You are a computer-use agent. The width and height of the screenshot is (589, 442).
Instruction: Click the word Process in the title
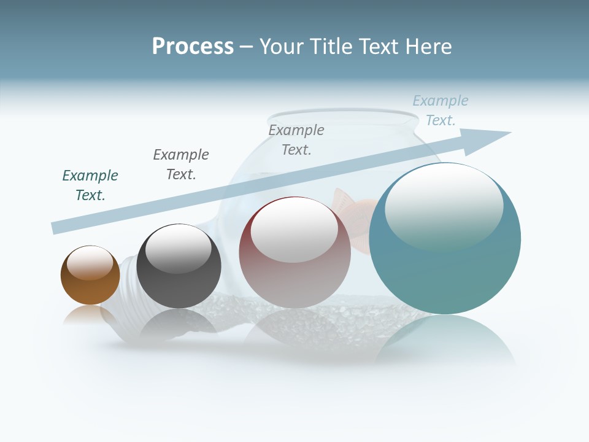tap(193, 47)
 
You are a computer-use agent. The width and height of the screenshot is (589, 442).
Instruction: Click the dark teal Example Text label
tap(90, 185)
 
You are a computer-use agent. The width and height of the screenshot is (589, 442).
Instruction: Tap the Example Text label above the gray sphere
tap(181, 165)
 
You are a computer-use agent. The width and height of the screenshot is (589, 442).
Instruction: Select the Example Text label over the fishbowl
tap(296, 140)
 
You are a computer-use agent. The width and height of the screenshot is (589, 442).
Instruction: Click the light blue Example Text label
tap(441, 110)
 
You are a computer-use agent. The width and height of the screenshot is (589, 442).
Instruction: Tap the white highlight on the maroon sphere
tap(294, 230)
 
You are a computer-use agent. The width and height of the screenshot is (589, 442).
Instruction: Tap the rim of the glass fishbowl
tap(344, 114)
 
